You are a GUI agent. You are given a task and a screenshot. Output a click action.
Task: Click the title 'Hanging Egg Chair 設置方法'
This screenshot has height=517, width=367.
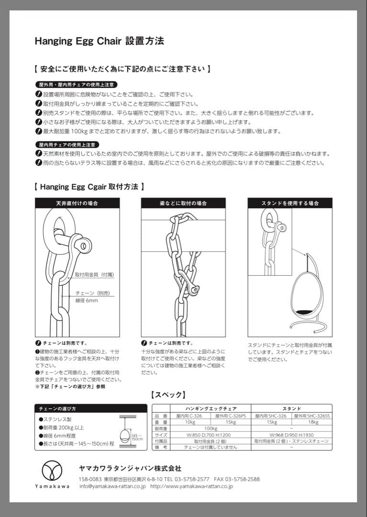coord(99,41)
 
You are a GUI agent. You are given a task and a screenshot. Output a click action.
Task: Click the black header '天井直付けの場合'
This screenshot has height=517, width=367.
coord(77,203)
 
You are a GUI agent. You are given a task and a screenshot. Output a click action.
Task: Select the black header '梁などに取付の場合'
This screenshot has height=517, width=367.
coord(183,203)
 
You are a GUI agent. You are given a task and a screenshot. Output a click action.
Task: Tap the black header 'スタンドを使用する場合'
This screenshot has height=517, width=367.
coord(289,203)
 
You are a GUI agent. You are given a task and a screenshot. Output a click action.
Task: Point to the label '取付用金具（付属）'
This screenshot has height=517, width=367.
coord(94,275)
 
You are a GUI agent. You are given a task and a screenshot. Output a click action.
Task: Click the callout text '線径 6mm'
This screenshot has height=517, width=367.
coord(87,301)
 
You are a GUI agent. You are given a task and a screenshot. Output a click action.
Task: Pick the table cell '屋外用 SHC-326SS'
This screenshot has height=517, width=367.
coord(312,416)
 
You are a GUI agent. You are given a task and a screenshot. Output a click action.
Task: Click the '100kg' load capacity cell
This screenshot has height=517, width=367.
coord(211,428)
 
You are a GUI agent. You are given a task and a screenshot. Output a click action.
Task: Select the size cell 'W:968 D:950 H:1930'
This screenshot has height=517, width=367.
coord(291,434)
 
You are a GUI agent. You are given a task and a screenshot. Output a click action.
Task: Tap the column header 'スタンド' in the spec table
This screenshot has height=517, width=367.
coord(291,408)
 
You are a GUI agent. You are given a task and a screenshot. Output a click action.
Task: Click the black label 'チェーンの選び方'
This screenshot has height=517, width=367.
coord(57,408)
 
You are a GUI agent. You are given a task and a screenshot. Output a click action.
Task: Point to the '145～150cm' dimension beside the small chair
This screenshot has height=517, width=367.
coord(137,436)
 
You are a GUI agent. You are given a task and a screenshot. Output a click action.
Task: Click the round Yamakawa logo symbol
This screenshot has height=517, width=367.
coord(52,471)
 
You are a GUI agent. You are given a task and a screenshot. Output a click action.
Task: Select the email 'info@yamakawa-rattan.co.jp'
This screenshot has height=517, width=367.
coord(112,486)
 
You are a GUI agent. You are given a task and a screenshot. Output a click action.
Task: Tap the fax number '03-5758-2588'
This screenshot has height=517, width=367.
coord(244,479)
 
